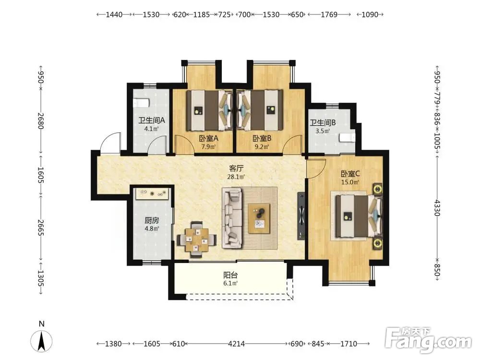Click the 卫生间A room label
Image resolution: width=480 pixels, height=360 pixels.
pyautogui.click(x=152, y=120)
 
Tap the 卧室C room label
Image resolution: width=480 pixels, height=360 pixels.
pyautogui.click(x=350, y=174)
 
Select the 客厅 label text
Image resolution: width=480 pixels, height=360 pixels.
pyautogui.click(x=236, y=168)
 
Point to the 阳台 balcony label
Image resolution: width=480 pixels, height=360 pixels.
pyautogui.click(x=230, y=275)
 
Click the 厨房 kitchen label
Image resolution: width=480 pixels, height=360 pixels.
pyautogui.click(x=152, y=220)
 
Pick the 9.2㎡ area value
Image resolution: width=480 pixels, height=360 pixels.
pyautogui.click(x=262, y=146)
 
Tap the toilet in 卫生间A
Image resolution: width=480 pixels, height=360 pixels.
pyautogui.click(x=141, y=103)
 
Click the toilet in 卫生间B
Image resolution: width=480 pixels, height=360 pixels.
pyautogui.click(x=348, y=137)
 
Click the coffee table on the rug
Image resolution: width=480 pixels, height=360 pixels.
pyautogui.click(x=259, y=218)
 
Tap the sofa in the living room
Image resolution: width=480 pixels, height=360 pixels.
pyautogui.click(x=232, y=217)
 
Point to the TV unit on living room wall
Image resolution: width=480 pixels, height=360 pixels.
pyautogui.click(x=301, y=216)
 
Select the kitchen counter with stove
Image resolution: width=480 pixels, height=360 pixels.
pyautogui.click(x=152, y=193)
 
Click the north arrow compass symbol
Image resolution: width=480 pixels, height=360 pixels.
pyautogui.click(x=42, y=340)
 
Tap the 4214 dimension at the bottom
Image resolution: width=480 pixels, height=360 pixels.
pyautogui.click(x=236, y=344)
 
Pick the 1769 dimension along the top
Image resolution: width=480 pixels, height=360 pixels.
pyautogui.click(x=329, y=14)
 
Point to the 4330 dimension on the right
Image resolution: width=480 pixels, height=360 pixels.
pyautogui.click(x=437, y=208)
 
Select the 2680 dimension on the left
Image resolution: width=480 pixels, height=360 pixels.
pyautogui.click(x=41, y=121)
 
